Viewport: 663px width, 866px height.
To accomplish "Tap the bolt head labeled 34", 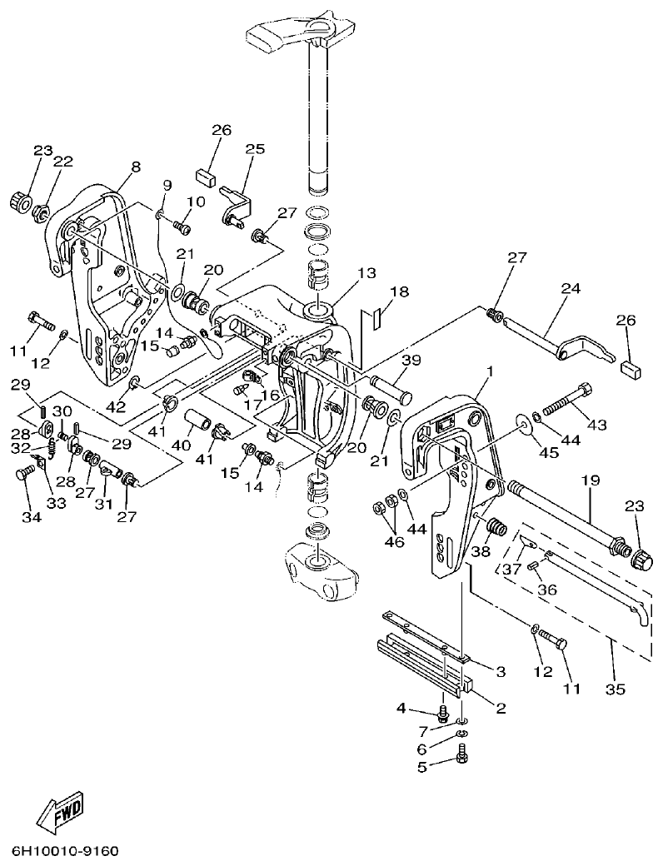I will (24, 475).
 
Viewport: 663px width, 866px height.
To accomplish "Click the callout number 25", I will (254, 149).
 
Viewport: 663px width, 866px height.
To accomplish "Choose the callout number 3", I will (501, 671).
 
